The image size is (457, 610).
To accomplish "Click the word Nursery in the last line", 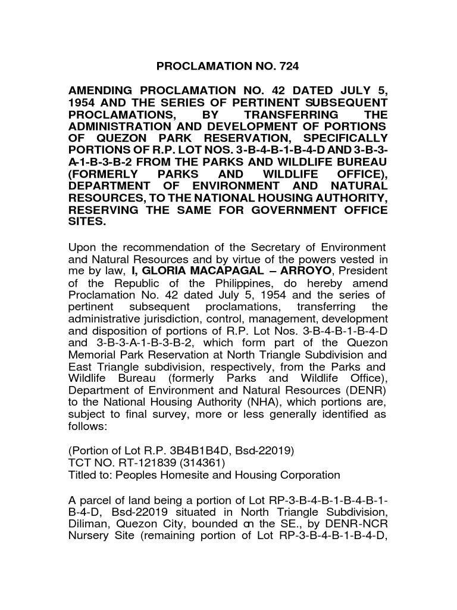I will pos(91,536).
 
